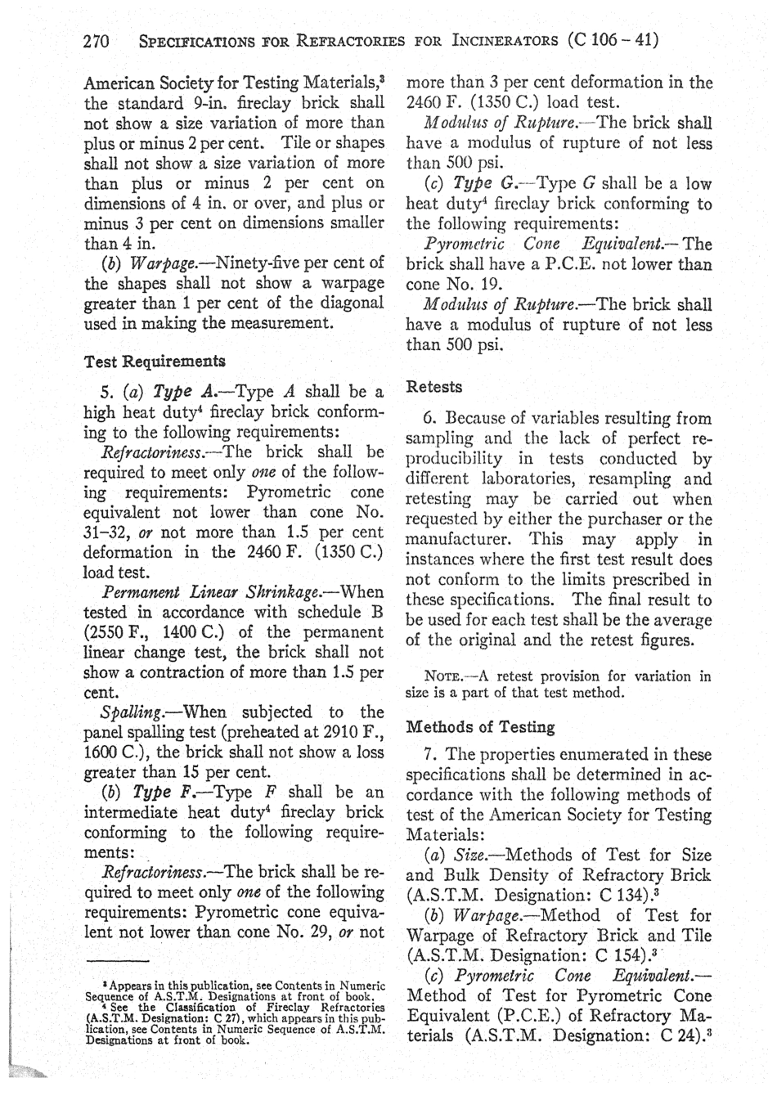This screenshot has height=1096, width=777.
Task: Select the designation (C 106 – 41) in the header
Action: (x=613, y=40)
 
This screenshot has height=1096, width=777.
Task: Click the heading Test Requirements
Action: (x=155, y=361)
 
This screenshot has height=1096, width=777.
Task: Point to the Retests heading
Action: (x=434, y=386)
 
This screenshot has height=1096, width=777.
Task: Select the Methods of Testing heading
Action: (x=480, y=727)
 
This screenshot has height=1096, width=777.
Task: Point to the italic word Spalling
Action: (x=124, y=712)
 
